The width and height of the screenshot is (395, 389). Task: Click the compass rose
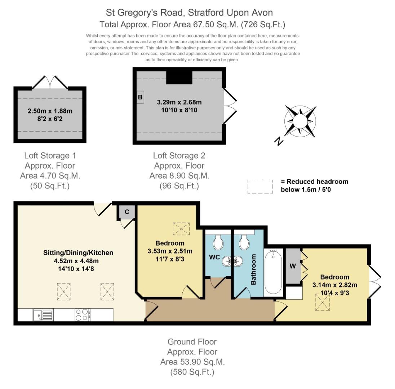300,121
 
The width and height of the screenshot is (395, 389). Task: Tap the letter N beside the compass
279,141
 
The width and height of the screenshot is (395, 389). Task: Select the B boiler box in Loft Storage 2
140,97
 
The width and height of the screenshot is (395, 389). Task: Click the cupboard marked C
127,212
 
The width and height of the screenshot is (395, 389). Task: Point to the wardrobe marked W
293,266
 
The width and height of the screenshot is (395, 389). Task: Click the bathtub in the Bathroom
273,272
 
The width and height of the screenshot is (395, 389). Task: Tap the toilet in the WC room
218,242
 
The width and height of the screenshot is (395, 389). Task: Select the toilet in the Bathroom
244,242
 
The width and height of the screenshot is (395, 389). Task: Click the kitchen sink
43,315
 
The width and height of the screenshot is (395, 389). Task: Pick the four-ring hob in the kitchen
83,315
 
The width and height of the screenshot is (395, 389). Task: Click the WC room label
214,257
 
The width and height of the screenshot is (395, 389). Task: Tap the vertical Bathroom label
253,269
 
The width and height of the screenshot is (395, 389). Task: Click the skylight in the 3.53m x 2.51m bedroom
181,229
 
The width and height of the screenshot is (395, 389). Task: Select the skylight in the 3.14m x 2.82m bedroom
323,302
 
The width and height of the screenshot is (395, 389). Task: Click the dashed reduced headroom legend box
260,187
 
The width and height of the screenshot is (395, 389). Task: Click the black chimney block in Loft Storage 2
179,77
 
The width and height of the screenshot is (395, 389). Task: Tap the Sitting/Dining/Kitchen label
78,253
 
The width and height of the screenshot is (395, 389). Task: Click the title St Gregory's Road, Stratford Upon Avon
189,13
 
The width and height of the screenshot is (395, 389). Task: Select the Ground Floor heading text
192,342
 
